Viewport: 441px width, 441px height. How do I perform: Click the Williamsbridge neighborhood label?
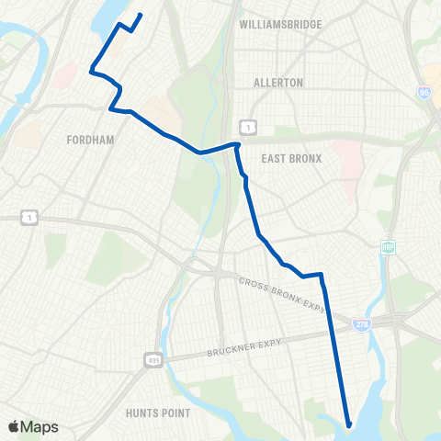[x=280, y=25]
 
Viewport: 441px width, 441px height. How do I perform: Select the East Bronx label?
[x=291, y=158]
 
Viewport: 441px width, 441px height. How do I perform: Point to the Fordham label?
[x=90, y=141]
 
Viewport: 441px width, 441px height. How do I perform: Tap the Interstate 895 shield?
[x=152, y=358]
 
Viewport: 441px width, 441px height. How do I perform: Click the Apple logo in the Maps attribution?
[x=13, y=427]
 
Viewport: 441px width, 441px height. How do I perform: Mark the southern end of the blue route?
[x=349, y=424]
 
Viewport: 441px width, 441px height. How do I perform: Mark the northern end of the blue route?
[x=141, y=15]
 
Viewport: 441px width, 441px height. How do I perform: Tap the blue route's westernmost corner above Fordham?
[x=90, y=69]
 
